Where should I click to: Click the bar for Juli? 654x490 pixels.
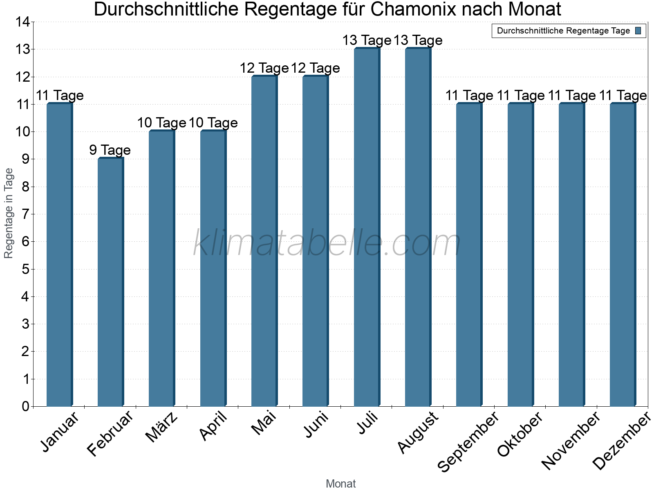click(367, 227)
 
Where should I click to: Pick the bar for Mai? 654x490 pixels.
click(264, 241)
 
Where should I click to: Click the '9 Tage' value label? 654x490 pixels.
click(110, 150)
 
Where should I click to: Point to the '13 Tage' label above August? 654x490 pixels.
click(418, 40)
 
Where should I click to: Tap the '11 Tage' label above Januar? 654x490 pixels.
click(60, 96)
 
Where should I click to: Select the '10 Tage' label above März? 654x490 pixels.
click(161, 123)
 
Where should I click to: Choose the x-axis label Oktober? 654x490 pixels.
click(520, 434)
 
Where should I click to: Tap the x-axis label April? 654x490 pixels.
click(213, 427)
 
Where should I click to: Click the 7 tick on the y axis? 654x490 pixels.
click(25, 214)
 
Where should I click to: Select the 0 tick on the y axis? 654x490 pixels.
click(25, 406)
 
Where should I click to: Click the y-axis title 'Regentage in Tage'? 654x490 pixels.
click(9, 213)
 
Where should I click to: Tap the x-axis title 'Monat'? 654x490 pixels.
click(340, 483)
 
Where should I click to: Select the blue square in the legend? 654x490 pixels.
click(638, 31)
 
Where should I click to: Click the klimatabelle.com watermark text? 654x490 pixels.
click(327, 243)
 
